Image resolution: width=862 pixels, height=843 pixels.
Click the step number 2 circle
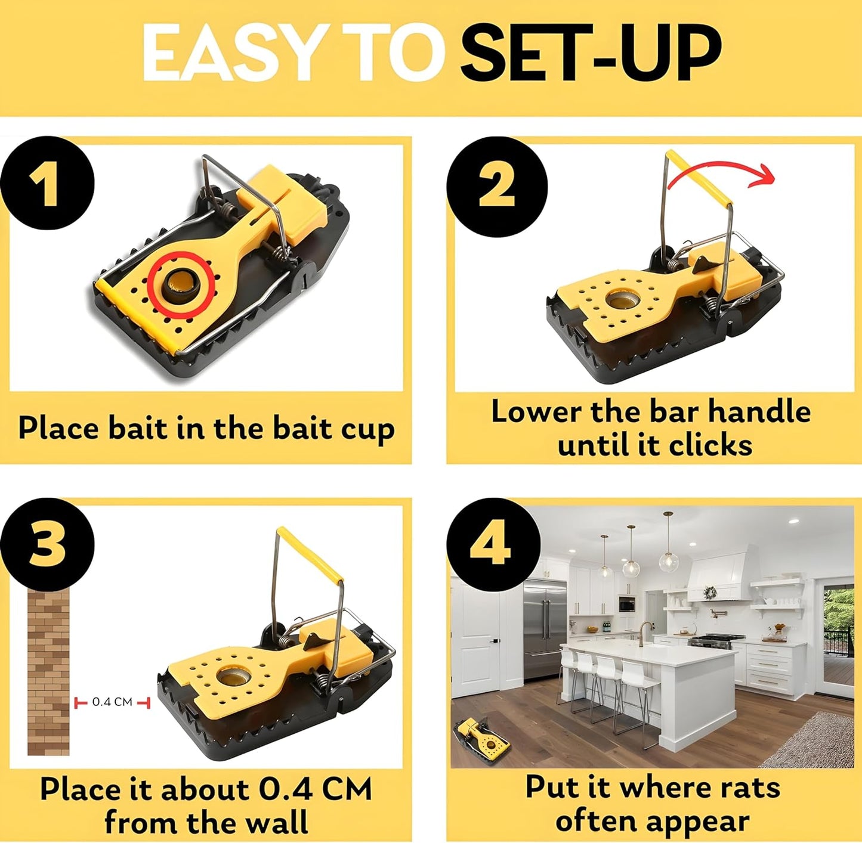(496, 185)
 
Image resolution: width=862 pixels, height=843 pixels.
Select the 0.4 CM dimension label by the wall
(112, 702)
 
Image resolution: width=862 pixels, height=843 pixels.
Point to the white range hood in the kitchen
(719, 575)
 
